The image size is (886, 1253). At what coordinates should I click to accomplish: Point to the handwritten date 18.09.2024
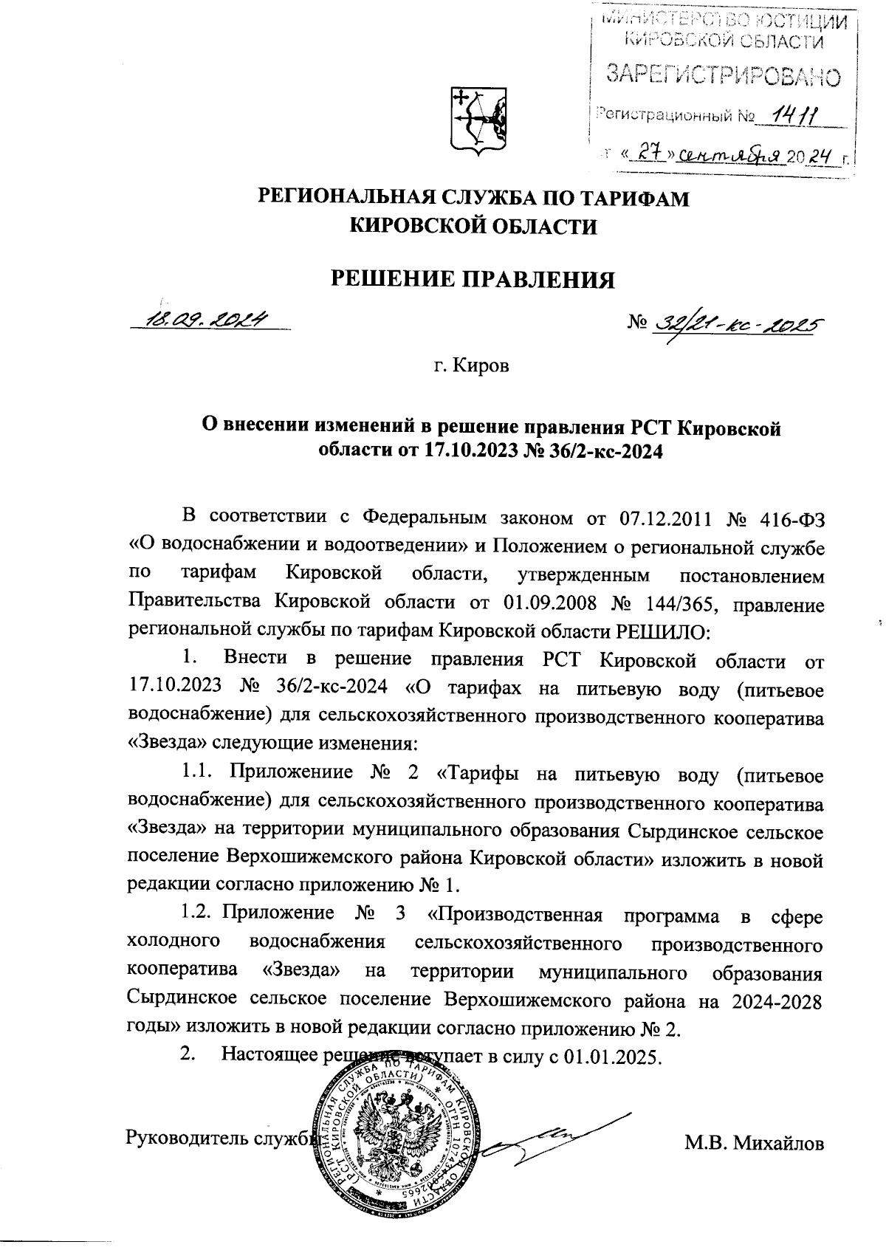(x=208, y=320)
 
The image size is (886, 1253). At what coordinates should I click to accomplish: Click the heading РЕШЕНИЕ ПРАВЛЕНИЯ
(x=472, y=279)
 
